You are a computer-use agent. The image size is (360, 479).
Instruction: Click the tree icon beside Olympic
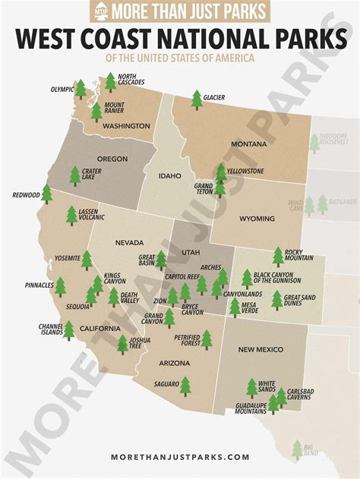pyautogui.click(x=81, y=89)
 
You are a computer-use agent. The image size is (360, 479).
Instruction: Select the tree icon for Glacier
pyautogui.click(x=197, y=99)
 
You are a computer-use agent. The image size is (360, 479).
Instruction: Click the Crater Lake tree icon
pyautogui.click(x=74, y=175)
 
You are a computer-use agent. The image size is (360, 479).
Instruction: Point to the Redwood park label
pyautogui.click(x=26, y=195)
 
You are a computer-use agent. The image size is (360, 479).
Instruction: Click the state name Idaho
pyautogui.click(x=169, y=176)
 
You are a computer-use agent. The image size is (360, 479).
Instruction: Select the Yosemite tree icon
pyautogui.click(x=87, y=260)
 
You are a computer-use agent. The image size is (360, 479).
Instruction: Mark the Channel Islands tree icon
pyautogui.click(x=68, y=329)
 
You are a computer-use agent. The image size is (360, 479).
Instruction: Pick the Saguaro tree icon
pyautogui.click(x=185, y=386)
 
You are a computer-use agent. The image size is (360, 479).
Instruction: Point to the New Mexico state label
pyautogui.click(x=261, y=349)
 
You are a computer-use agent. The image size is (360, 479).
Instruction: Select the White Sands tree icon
pyautogui.click(x=252, y=388)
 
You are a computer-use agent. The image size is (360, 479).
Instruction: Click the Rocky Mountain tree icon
pyautogui.click(x=278, y=256)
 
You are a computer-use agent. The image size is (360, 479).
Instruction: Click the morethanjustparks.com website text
pyautogui.click(x=180, y=456)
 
